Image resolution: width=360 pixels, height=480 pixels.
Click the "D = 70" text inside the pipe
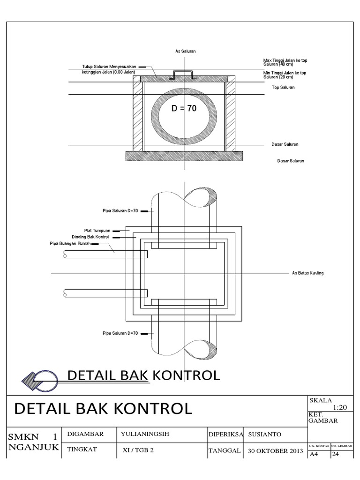(184, 109)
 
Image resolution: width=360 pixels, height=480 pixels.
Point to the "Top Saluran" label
(283, 88)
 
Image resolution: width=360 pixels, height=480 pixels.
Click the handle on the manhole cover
(184, 74)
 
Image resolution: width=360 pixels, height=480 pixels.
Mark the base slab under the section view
(184, 156)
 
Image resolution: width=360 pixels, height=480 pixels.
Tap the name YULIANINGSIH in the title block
(144, 434)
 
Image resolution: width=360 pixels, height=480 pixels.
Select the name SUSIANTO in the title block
(264, 434)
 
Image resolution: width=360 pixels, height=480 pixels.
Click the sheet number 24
(336, 454)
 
